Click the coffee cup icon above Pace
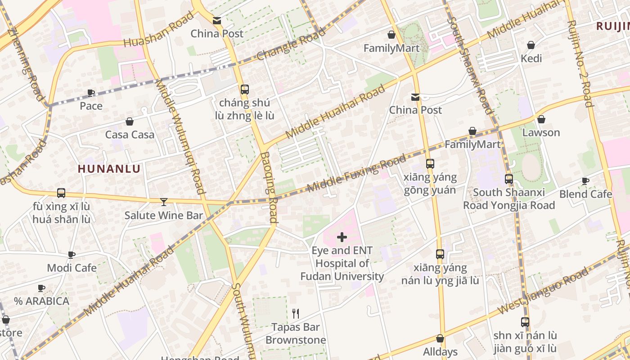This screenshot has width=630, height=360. pyautogui.click(x=91, y=93)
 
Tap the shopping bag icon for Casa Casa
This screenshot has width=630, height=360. pyautogui.click(x=130, y=121)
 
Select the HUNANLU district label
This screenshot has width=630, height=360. pyautogui.click(x=109, y=169)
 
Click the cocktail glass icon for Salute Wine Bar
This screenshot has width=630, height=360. pyautogui.click(x=164, y=202)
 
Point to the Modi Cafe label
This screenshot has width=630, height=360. pyautogui.click(x=72, y=268)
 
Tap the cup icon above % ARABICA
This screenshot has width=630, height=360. pyautogui.click(x=41, y=288)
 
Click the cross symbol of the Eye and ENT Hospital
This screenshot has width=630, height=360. pyautogui.click(x=342, y=237)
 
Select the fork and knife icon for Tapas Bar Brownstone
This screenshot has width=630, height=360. pyautogui.click(x=296, y=313)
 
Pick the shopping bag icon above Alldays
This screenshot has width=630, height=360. pyautogui.click(x=440, y=338)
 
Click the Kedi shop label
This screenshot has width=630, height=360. pyautogui.click(x=531, y=58)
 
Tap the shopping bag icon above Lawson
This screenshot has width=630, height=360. pyautogui.click(x=541, y=119)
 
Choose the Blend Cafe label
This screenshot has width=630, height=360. pyautogui.click(x=585, y=194)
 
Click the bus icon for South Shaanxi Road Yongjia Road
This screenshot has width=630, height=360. pyautogui.click(x=509, y=179)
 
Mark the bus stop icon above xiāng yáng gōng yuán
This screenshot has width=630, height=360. pyautogui.click(x=430, y=163)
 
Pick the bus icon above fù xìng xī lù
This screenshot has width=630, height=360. pyautogui.click(x=61, y=193)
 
